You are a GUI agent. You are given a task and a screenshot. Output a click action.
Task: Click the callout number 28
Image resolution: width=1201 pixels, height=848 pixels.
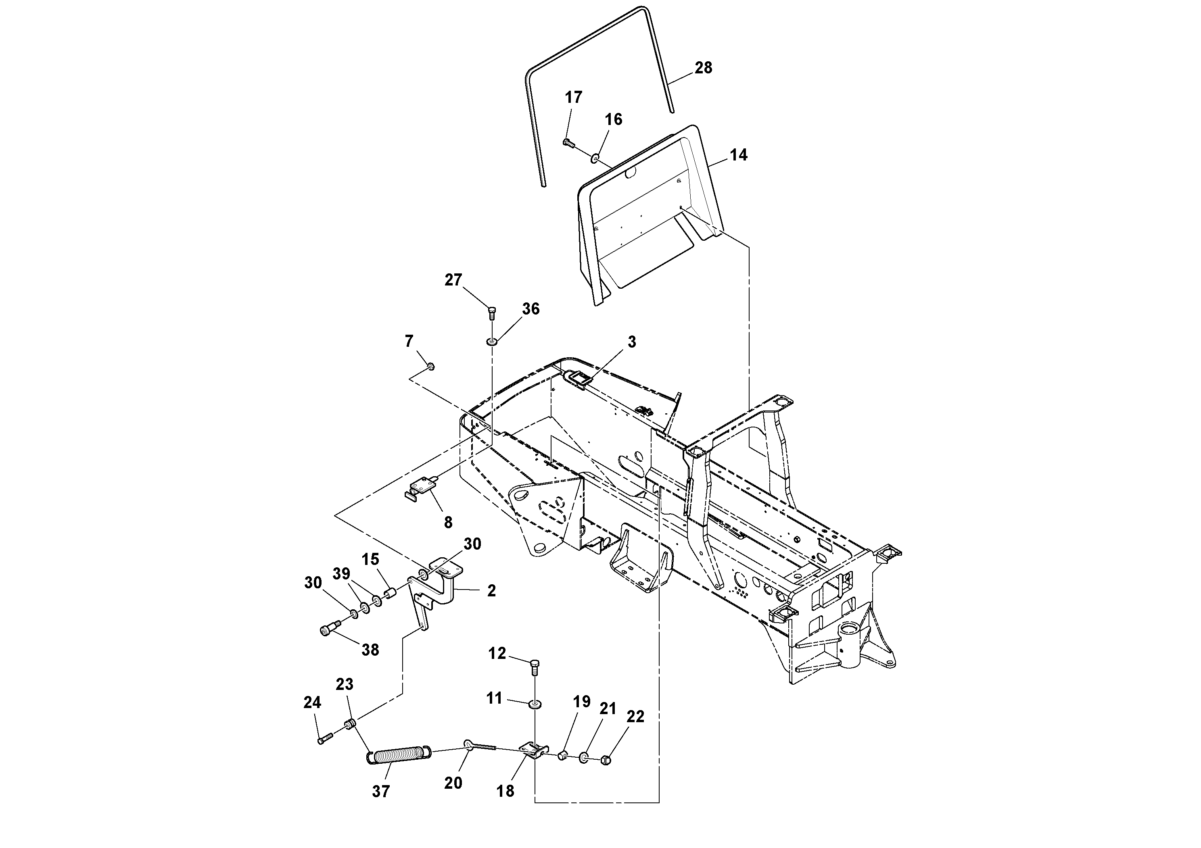click(703, 68)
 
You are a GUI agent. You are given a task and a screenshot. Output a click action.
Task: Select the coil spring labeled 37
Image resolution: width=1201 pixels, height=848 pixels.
click(399, 756)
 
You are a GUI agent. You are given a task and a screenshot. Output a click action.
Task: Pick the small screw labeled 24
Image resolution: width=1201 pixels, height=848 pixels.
click(325, 739)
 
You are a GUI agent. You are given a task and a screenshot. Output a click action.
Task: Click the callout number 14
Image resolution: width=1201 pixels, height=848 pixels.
click(738, 155)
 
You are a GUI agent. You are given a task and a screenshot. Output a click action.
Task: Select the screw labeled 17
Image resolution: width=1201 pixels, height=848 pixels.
click(568, 142)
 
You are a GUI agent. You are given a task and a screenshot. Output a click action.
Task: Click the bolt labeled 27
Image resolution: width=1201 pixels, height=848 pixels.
click(492, 313)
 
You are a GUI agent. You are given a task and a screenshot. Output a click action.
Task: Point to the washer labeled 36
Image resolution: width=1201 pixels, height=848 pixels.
click(492, 342)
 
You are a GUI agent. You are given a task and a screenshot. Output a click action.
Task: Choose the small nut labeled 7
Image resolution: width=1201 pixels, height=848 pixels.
click(431, 367)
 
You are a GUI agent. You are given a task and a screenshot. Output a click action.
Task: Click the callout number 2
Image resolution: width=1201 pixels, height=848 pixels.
click(491, 591)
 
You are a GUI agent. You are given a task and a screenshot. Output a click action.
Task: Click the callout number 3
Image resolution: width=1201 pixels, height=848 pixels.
click(632, 342)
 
